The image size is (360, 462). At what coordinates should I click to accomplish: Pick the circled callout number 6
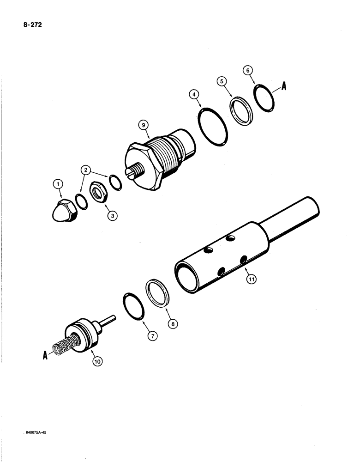tap(248, 70)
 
